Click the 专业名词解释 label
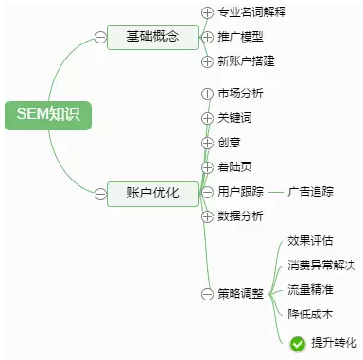[x=251, y=12]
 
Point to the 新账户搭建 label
[x=246, y=60]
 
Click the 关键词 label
[x=234, y=118]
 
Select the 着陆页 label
[x=234, y=167]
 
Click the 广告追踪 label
[x=311, y=192]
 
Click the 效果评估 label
[x=310, y=241]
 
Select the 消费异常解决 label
[x=321, y=266]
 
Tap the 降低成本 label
[x=310, y=315]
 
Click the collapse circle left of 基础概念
[x=100, y=37]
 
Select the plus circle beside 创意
[x=208, y=143]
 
